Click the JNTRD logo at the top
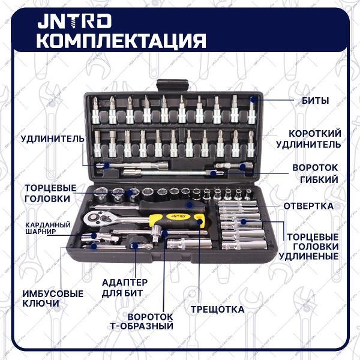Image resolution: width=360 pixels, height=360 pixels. click(x=73, y=21)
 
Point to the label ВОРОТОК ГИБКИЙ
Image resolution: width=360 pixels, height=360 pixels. click(x=315, y=173)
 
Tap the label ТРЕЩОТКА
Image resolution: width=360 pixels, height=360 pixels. click(x=217, y=310)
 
